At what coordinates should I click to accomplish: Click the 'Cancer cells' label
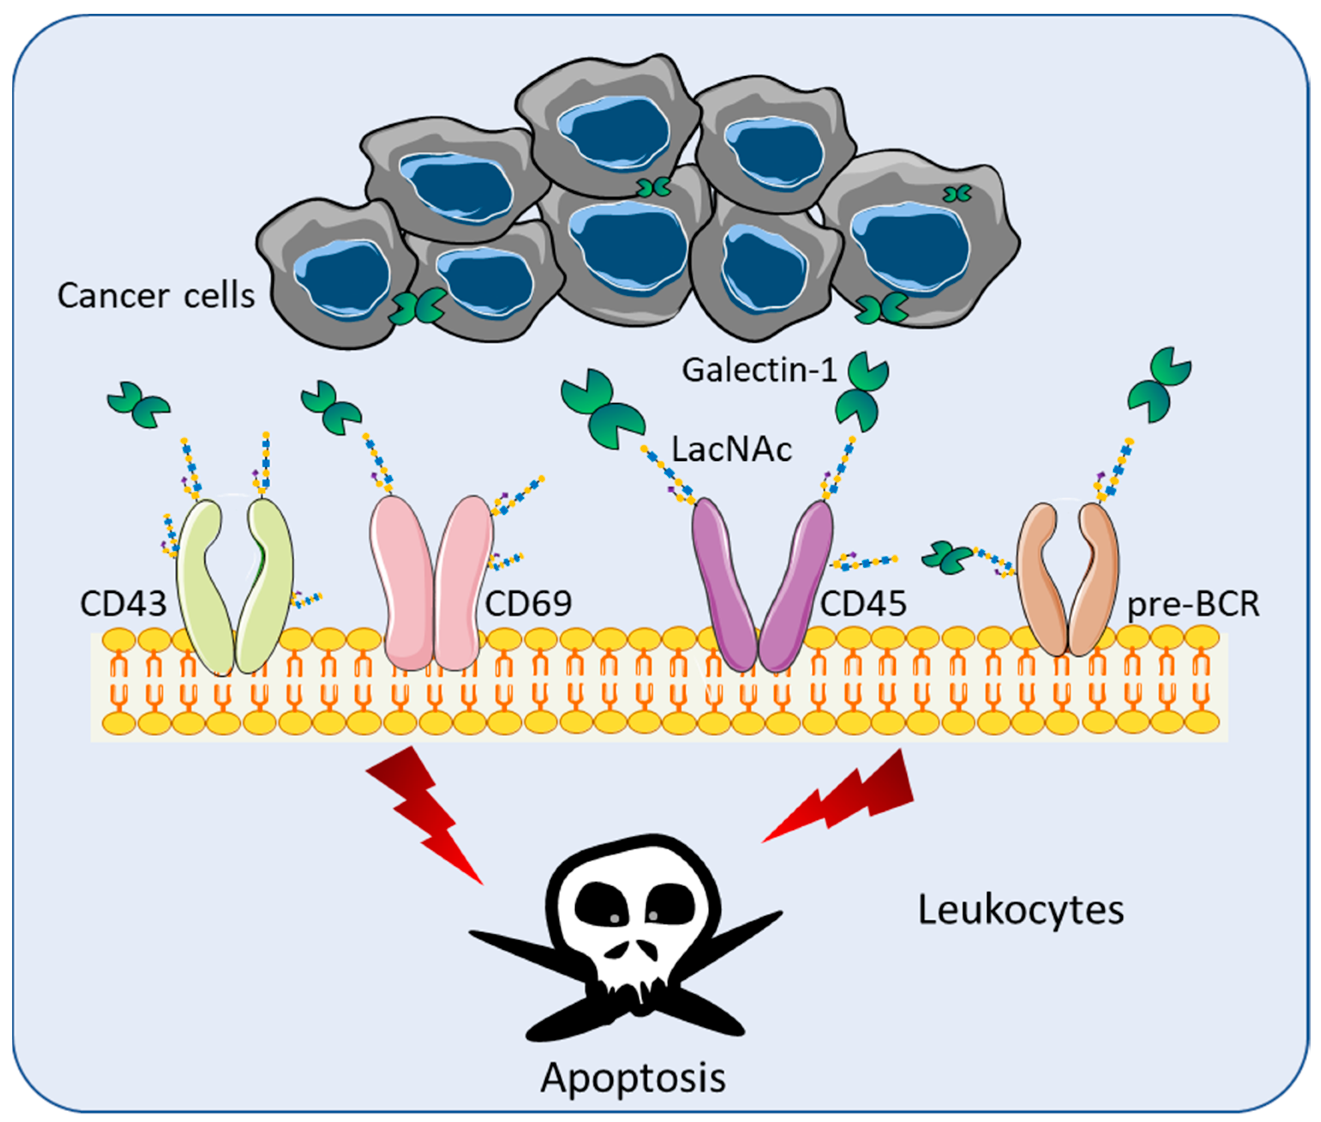point(156,296)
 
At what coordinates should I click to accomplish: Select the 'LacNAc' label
point(732,450)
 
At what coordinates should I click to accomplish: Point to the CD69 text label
point(528,603)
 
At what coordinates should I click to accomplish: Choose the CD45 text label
point(863,603)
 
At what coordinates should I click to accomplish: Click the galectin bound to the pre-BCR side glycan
point(947,558)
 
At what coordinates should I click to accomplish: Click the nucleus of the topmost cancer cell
point(613,134)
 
